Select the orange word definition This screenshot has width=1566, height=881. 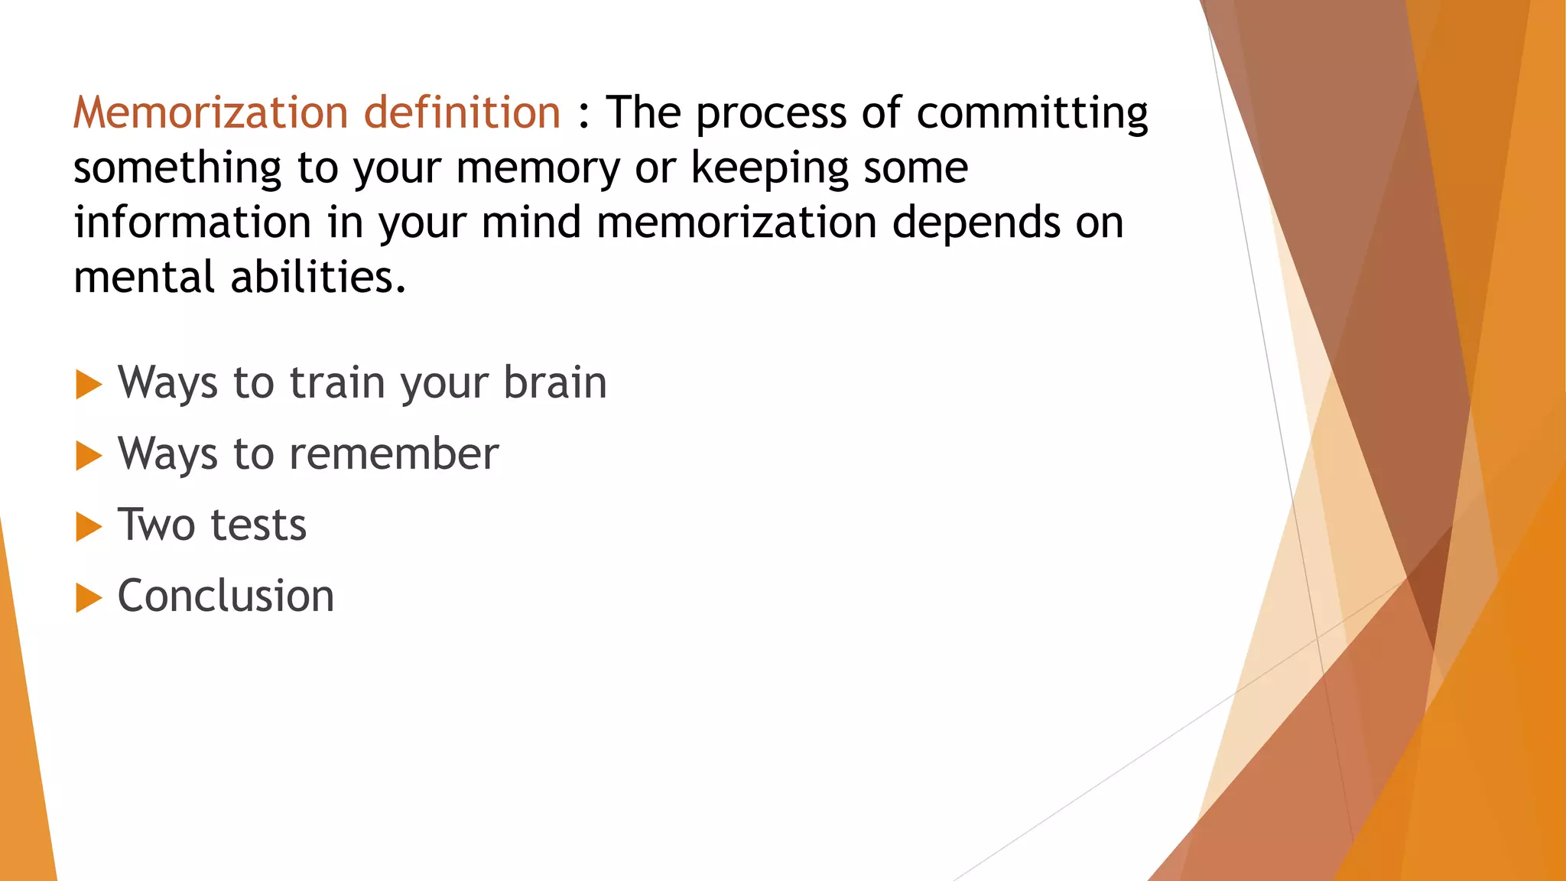[x=462, y=113]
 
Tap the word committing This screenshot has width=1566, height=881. [x=1032, y=113]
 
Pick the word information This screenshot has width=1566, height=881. [x=192, y=223]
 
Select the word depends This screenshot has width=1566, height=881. [x=973, y=223]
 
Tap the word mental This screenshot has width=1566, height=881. [x=145, y=277]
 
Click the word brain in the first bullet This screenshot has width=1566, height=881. [x=555, y=382]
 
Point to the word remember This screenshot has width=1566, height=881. [x=395, y=454]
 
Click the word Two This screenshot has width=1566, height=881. [x=157, y=525]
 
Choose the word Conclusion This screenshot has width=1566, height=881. [x=226, y=596]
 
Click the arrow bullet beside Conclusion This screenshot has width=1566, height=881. [x=89, y=597]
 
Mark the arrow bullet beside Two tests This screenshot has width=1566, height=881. [x=89, y=526]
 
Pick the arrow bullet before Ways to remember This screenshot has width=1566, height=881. [x=89, y=455]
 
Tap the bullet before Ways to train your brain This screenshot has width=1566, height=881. [x=89, y=384]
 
